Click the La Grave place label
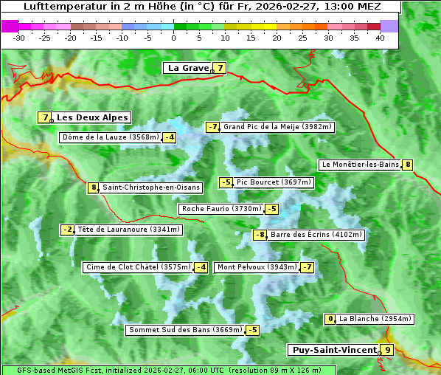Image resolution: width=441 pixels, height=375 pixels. [188, 68]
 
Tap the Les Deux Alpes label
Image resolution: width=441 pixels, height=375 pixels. [92, 117]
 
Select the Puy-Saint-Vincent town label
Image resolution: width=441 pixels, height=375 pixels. [333, 350]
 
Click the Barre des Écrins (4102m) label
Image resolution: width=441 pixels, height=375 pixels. [316, 235]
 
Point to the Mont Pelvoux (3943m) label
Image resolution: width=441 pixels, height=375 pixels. [257, 267]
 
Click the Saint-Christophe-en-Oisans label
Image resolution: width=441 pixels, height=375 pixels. [150, 187]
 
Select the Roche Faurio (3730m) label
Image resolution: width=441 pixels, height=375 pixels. [221, 209]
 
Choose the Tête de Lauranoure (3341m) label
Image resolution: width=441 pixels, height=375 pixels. [128, 230]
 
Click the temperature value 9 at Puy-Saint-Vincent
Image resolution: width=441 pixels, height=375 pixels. [388, 350]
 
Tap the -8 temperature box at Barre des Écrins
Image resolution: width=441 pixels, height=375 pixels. [260, 235]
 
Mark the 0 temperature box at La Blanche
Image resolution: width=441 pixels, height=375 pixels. [330, 319]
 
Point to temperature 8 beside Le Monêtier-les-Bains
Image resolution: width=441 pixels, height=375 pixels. [406, 165]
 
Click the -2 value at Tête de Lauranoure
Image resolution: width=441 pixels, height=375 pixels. [68, 230]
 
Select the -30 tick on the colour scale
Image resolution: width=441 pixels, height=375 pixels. [19, 38]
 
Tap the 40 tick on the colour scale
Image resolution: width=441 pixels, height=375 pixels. [380, 38]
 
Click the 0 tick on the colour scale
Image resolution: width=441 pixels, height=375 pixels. [173, 38]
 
